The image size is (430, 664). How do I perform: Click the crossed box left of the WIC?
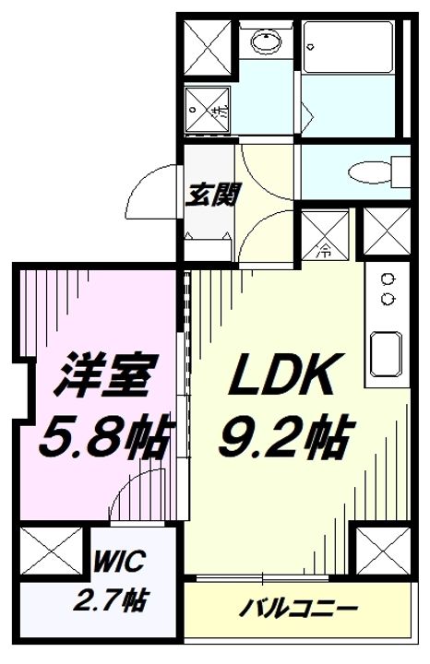pyautogui.click(x=48, y=554)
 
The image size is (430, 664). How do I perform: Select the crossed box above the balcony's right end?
pyautogui.click(x=378, y=551)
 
